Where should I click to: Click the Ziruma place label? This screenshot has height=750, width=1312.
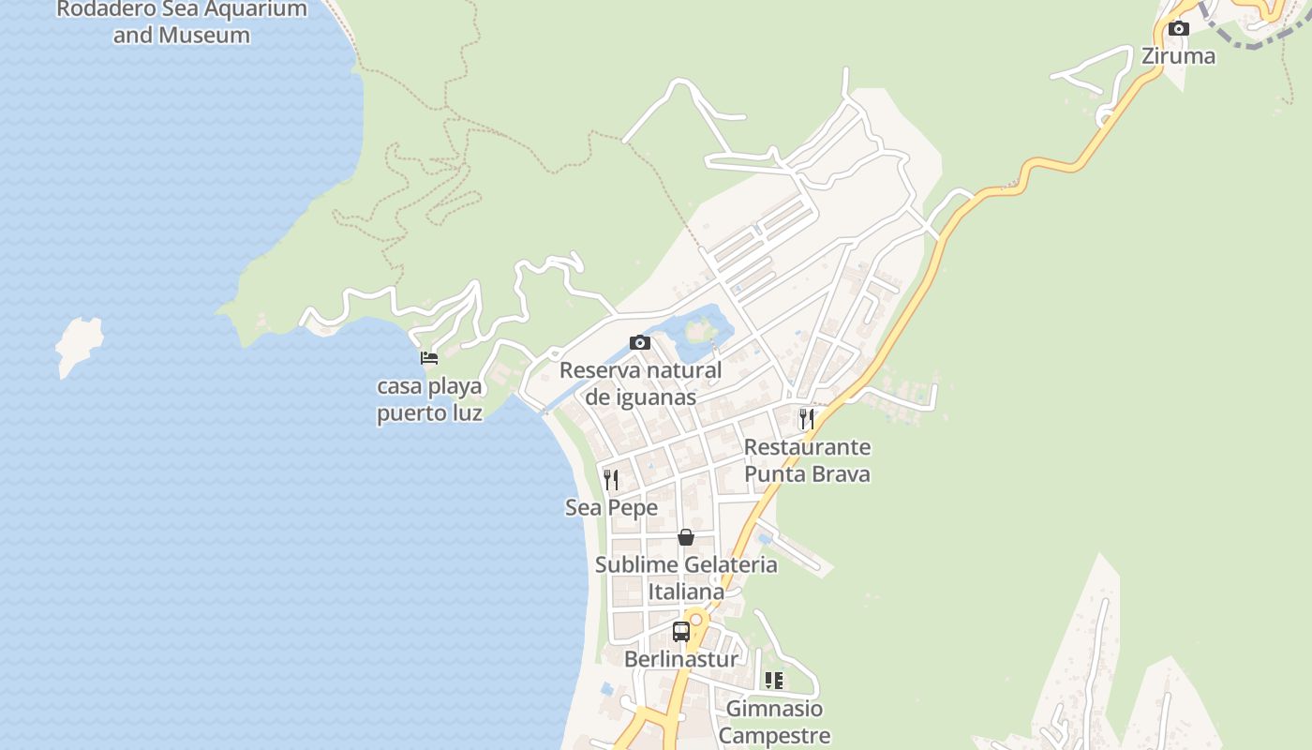pos(1178,55)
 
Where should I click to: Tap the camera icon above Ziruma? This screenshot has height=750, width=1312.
pos(1179,29)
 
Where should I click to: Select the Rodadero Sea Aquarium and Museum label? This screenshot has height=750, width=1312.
pos(182,22)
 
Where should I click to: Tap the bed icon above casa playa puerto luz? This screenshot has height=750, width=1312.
pos(429,358)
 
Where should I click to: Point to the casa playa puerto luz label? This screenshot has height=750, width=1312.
pos(429,399)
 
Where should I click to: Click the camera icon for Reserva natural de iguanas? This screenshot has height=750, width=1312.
pos(640,342)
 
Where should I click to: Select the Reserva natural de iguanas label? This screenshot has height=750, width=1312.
pos(641,383)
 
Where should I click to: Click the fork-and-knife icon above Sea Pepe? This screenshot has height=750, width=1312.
pos(611,480)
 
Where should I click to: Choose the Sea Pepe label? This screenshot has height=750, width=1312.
pos(611,507)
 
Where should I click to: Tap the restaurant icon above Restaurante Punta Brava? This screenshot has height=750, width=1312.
pos(806,419)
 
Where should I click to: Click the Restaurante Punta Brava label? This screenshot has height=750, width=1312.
pos(807,460)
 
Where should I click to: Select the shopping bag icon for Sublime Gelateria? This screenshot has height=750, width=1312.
pos(686,537)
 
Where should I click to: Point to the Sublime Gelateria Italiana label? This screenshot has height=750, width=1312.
pos(686,577)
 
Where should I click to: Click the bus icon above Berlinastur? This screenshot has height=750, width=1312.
pos(681,631)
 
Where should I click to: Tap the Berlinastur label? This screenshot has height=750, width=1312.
pos(681,659)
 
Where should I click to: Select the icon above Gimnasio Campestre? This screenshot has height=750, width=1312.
pos(774,680)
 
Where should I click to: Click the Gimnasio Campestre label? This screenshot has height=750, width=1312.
pos(774,722)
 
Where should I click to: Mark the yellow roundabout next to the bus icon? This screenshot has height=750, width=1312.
pos(696,620)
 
